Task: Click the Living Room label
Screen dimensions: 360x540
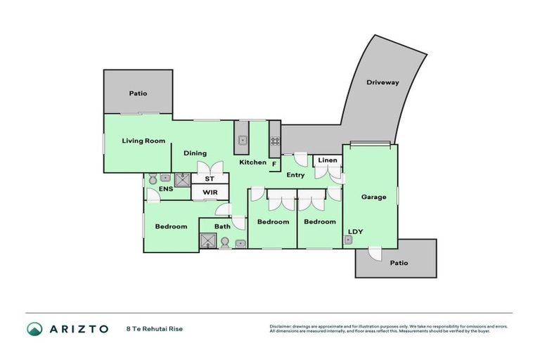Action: click(x=143, y=141)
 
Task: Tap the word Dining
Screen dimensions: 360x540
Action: click(x=195, y=153)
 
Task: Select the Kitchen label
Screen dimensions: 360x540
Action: click(x=252, y=162)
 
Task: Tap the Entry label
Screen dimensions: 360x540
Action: click(x=295, y=174)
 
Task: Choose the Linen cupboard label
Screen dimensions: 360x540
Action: click(x=328, y=160)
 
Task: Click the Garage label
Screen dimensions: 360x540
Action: click(x=373, y=197)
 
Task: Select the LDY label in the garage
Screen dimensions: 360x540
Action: click(x=355, y=231)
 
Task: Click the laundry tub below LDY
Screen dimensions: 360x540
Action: click(x=348, y=240)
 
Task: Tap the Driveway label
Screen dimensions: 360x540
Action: click(x=382, y=82)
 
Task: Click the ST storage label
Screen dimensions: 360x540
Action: click(x=209, y=179)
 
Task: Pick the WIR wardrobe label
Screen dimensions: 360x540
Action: click(x=210, y=192)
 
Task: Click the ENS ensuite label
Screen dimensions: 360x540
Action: click(x=165, y=189)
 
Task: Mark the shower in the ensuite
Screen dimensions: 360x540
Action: click(x=182, y=180)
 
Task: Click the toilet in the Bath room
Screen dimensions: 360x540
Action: click(x=225, y=243)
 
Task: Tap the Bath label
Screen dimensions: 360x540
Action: click(x=222, y=226)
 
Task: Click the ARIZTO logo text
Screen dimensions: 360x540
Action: click(x=78, y=328)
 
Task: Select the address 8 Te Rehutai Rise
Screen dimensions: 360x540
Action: click(x=153, y=328)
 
